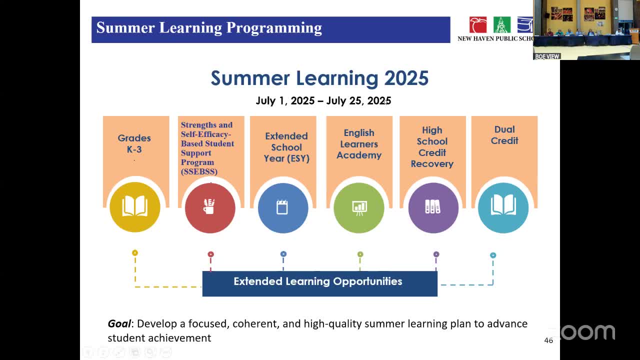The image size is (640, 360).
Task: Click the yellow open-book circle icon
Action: (135, 207)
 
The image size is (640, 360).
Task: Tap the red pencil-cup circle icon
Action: (210, 207)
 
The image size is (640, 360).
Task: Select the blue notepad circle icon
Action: (283, 207)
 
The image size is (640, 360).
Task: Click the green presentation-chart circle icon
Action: (359, 207)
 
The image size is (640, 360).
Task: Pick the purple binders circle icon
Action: (433, 207)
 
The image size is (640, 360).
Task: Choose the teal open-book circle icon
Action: (503, 207)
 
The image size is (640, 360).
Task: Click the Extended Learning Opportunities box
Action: (319, 283)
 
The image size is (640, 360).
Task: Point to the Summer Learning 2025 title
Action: (319, 78)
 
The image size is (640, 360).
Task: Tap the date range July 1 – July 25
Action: (323, 101)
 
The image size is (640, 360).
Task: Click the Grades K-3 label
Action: (134, 143)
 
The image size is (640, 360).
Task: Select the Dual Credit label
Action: (504, 135)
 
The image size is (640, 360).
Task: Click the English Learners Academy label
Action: (359, 144)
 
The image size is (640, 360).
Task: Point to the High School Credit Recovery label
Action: (432, 147)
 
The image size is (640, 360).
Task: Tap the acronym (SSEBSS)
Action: (199, 171)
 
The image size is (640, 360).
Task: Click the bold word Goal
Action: (119, 324)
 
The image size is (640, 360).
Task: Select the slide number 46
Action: (548, 340)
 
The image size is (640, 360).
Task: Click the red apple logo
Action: (477, 25)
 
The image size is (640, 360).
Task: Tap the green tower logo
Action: (501, 25)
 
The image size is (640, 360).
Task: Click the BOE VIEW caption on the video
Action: (547, 56)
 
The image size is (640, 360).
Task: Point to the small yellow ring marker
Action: (135, 252)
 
